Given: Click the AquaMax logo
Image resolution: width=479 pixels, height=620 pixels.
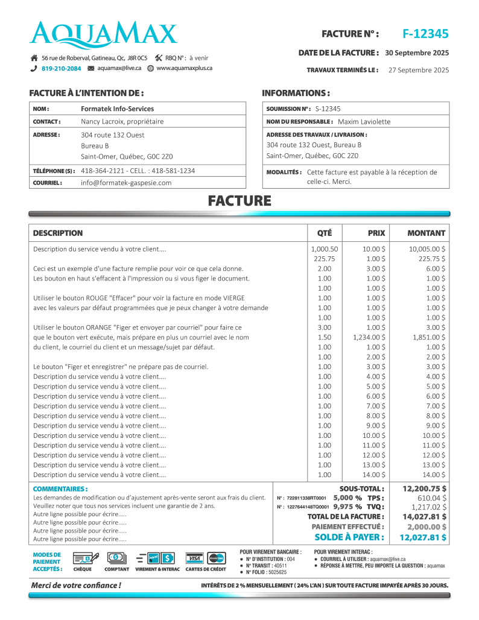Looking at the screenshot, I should click(x=104, y=35).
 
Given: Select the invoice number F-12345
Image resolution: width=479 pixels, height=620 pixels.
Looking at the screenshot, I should click(x=425, y=34).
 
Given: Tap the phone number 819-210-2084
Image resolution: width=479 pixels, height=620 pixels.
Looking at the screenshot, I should click(x=61, y=69).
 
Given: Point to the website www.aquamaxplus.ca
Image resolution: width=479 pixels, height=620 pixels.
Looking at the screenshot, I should click(x=184, y=68).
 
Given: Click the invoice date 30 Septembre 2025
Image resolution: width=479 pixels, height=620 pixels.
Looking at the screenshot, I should click(x=417, y=53).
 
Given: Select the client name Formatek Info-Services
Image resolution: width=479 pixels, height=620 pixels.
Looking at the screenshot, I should click(x=117, y=109).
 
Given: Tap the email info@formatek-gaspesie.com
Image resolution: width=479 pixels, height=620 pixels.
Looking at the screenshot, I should click(x=126, y=183).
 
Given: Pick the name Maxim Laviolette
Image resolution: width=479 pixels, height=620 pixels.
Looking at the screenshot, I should click(x=364, y=121).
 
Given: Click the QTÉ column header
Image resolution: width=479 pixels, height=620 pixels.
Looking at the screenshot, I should click(x=324, y=233).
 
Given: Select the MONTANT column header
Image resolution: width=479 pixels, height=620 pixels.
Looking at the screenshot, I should click(x=426, y=233).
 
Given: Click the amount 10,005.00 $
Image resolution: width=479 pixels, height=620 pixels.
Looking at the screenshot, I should click(x=427, y=249).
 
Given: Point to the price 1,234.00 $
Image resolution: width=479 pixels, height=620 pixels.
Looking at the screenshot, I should click(x=369, y=337).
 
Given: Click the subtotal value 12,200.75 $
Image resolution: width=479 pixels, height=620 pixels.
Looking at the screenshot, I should click(x=424, y=489).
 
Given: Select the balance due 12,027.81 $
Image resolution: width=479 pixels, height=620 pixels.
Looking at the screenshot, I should click(x=423, y=537).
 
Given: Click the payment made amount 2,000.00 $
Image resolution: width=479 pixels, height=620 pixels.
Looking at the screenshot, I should click(x=427, y=527).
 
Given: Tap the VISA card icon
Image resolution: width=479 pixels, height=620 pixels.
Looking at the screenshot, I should click(x=194, y=558).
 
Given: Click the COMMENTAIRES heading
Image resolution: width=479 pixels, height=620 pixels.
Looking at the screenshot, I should click(x=60, y=489).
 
